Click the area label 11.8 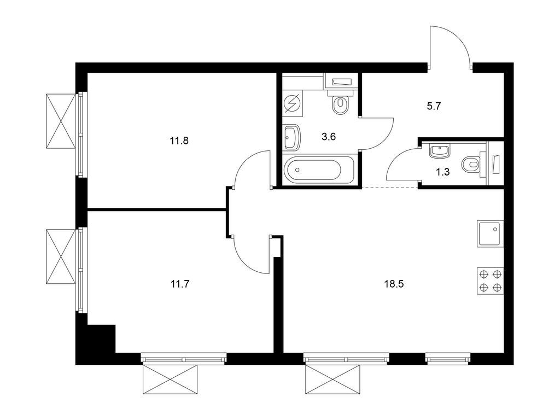click(x=179, y=141)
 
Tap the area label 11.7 click(x=179, y=284)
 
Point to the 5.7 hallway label click(x=434, y=106)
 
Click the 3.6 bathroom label click(x=328, y=137)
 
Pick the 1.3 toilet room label click(x=442, y=172)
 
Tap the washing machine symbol click(x=293, y=104)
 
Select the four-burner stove click(x=490, y=281)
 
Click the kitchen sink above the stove click(x=490, y=234)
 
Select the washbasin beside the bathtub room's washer click(x=292, y=137)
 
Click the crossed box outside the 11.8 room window click(x=61, y=120)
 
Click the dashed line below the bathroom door click(x=390, y=188)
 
